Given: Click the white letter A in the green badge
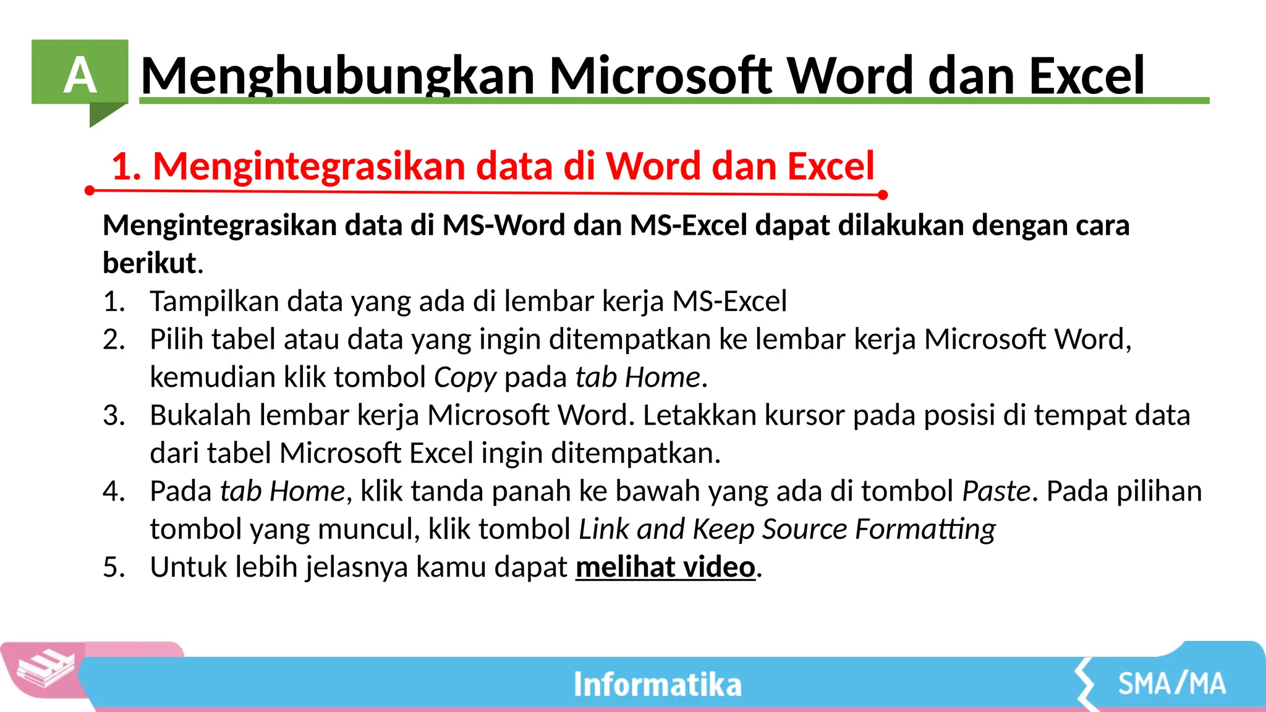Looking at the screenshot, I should coord(80,76).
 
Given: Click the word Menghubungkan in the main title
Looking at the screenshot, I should coord(338,76).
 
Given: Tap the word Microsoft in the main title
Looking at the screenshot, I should coord(661,76).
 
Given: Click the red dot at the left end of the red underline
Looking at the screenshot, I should coord(90,190).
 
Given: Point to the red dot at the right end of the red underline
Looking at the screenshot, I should coord(883,195).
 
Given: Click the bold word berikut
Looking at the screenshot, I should coord(150,263).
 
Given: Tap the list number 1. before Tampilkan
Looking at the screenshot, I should coord(114,302).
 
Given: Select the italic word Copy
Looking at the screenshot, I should coord(465,378).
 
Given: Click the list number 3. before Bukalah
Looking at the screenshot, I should coord(114,415).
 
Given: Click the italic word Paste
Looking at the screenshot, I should coord(996,491).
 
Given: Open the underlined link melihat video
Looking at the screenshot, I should coord(665,567).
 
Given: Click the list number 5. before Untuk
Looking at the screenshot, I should coord(114,567).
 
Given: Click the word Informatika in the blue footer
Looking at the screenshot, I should coord(657,684).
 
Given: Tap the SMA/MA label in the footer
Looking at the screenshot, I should coord(1171,684).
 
